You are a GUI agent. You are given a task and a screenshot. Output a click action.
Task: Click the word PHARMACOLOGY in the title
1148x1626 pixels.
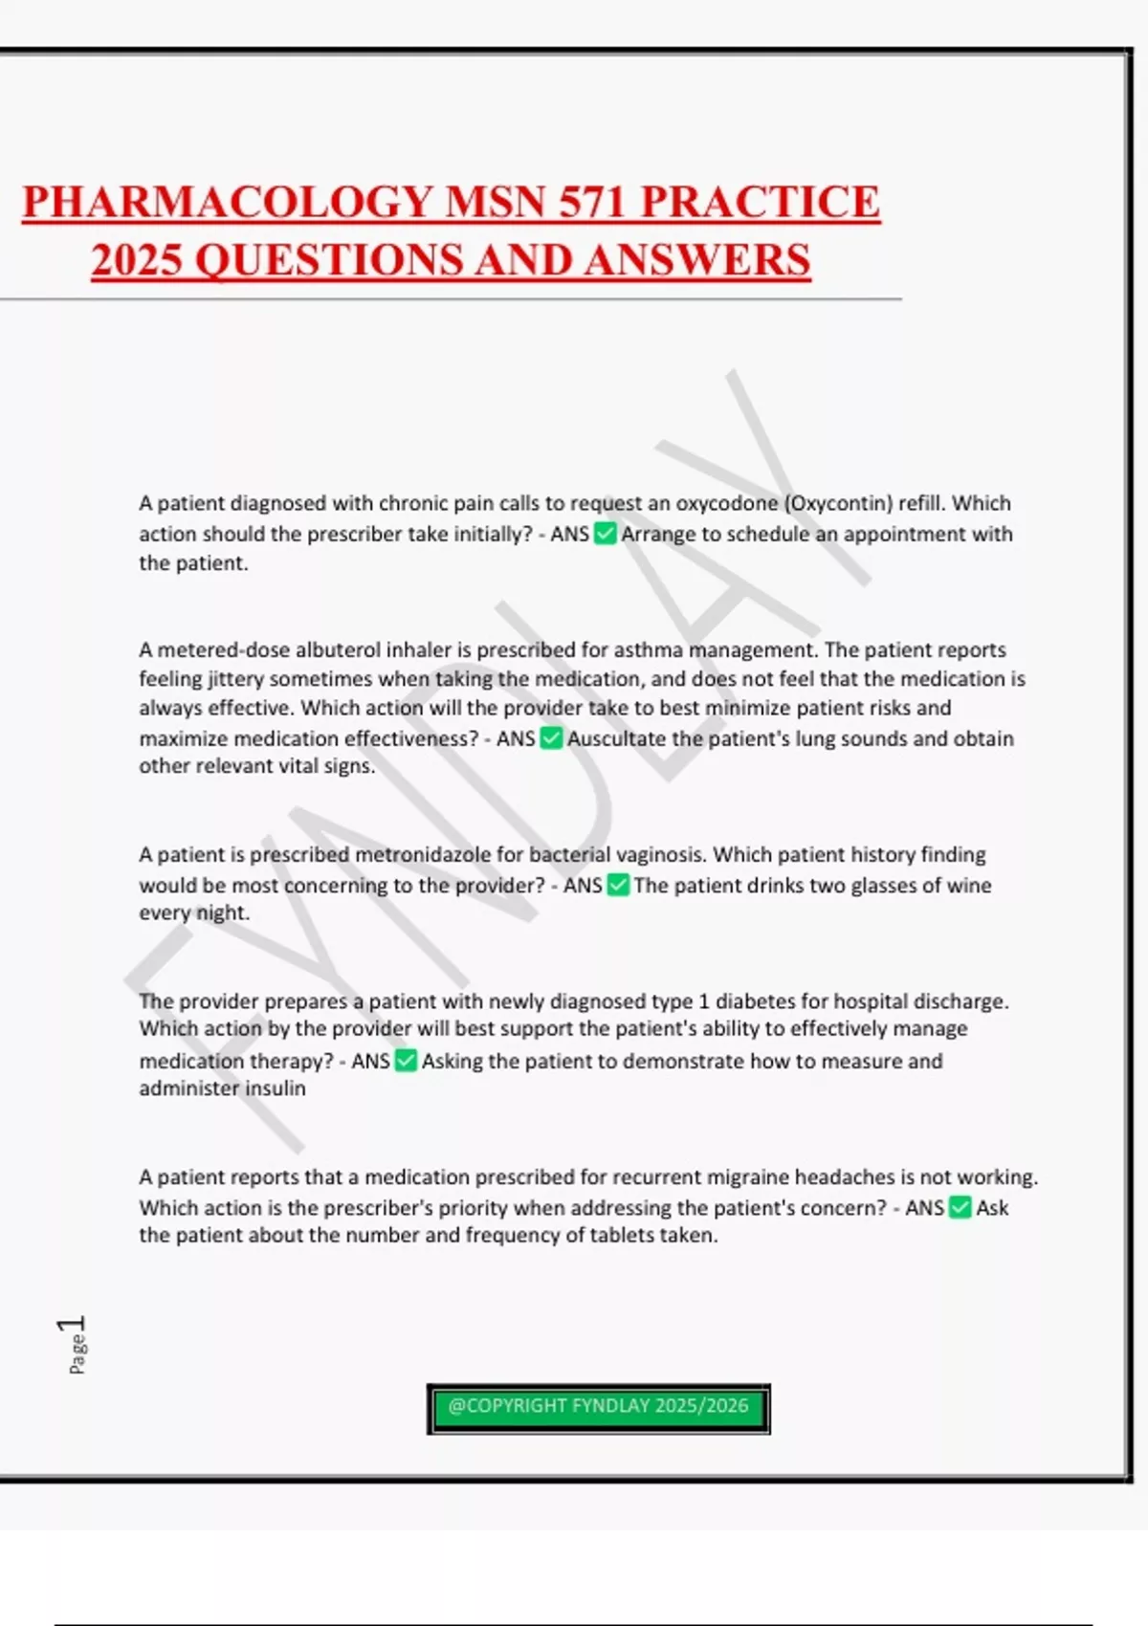coord(228,203)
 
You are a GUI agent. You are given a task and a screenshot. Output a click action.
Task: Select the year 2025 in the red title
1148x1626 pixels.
coord(137,261)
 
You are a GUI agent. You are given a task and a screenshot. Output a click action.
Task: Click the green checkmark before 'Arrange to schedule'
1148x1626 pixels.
coord(605,534)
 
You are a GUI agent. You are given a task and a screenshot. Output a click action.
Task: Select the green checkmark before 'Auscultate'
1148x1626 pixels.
coord(551,738)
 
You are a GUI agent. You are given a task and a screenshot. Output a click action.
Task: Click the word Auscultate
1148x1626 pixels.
coord(617,738)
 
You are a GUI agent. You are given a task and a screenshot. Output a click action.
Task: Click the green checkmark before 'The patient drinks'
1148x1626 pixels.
coord(618,886)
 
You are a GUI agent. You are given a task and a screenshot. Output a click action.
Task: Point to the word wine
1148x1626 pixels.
coord(969,886)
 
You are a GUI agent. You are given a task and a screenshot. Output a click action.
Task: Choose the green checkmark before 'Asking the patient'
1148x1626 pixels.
coord(406,1061)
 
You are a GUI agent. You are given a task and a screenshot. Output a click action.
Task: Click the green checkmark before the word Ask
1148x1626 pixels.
coord(960,1208)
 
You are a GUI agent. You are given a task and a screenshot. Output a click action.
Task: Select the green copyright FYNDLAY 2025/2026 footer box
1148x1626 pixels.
coord(598,1408)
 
